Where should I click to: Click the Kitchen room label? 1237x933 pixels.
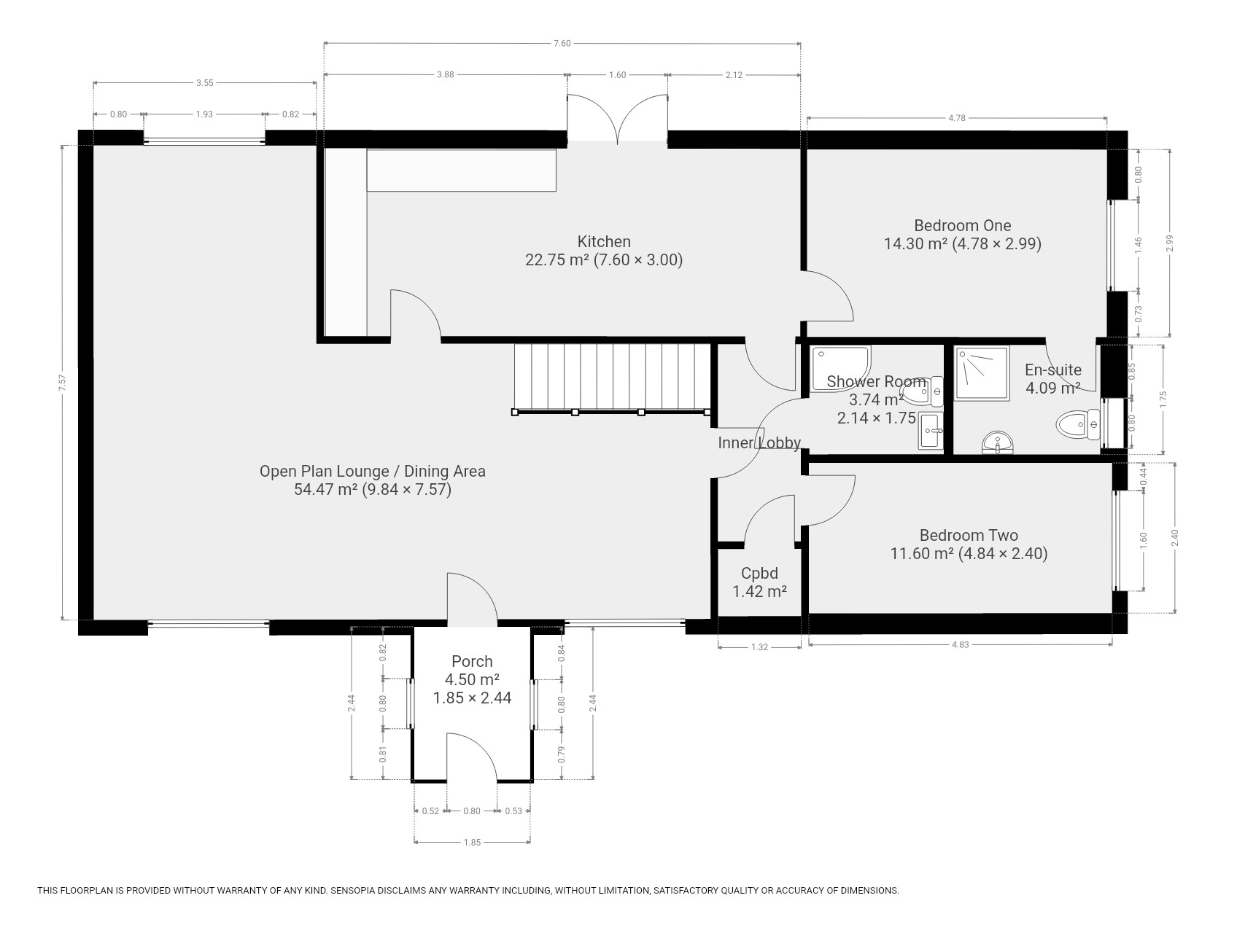coord(604,242)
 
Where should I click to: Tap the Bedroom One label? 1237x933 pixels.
coord(963,226)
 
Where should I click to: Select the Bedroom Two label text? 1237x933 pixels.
coord(969,536)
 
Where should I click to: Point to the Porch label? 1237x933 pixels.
coord(472,662)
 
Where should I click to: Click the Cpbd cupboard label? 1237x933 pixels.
coord(759,574)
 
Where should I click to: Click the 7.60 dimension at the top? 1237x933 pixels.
coord(562,44)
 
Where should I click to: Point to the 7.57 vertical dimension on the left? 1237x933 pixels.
coord(63,383)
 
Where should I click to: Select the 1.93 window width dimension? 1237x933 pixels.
coord(204,114)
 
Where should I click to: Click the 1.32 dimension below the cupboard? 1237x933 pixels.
coord(759,647)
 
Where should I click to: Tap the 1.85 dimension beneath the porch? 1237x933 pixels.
coord(472,843)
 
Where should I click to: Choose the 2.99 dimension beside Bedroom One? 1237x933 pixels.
coord(1170,243)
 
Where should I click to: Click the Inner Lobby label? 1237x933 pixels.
coord(759,442)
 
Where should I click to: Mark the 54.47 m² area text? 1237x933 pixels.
coord(325,489)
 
